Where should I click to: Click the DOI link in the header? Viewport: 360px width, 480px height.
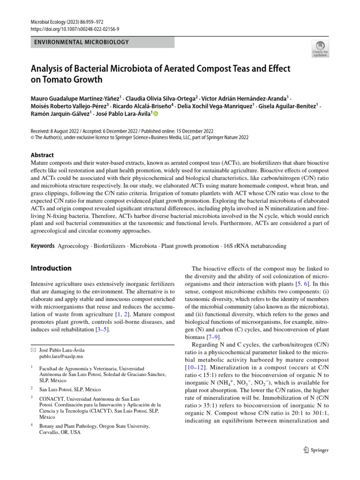pos(75,29)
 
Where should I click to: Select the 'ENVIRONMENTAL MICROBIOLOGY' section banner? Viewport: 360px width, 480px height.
pos(102,43)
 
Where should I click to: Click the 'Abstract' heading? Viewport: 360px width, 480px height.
pos(42,155)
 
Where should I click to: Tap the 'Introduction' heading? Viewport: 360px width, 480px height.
pos(51,269)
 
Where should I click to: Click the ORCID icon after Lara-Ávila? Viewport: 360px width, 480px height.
pos(156,114)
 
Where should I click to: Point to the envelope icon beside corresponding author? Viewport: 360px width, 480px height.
pos(33,350)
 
